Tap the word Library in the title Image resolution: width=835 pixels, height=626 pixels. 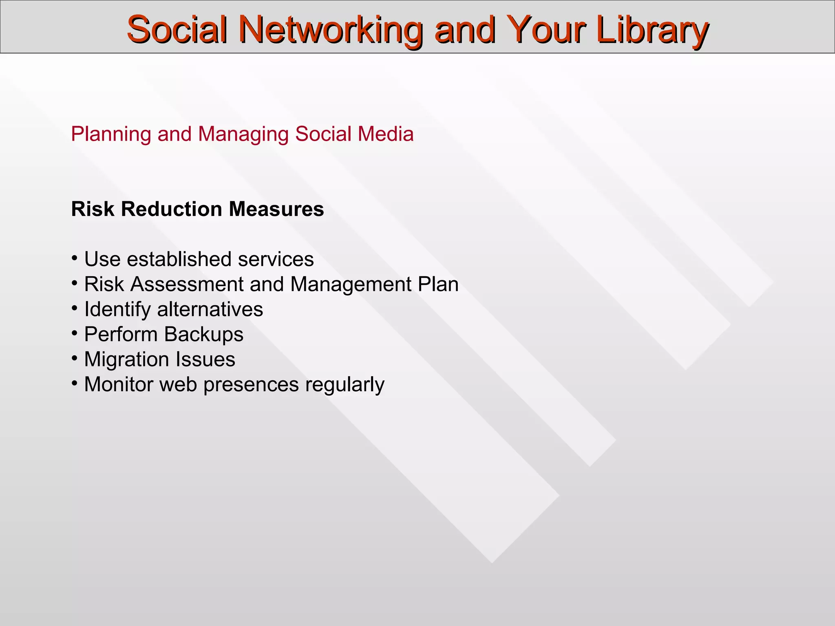652,29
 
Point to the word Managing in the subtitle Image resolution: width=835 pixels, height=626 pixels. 243,134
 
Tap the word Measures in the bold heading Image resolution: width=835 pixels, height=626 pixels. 276,209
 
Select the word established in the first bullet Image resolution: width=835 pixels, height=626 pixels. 180,259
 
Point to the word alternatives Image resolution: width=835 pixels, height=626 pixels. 210,309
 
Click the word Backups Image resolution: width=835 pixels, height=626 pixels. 204,335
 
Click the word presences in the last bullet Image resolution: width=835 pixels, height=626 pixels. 251,385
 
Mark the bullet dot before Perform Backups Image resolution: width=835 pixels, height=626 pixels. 74,333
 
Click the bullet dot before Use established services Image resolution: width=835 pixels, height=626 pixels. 74,258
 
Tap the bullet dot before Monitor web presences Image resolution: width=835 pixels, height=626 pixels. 74,384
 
